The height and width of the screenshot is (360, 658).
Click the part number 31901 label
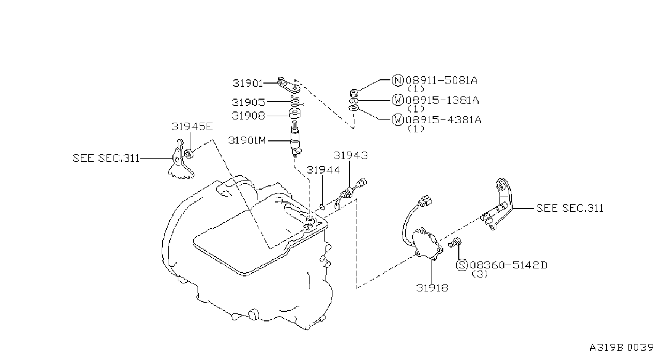[248, 83]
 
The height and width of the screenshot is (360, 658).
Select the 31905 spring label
[248, 102]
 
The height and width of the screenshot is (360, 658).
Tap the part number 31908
[248, 116]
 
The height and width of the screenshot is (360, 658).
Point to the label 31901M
[247, 140]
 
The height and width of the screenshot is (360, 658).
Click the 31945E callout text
[192, 126]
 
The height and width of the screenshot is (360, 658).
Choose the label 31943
[351, 155]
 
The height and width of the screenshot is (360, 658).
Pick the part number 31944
[323, 170]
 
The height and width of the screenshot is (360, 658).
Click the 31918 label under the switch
[432, 288]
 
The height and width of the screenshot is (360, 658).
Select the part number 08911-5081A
[442, 80]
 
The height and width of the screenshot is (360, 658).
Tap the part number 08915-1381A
[442, 100]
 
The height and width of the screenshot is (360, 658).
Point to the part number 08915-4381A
[443, 120]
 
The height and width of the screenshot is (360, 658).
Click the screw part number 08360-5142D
[509, 265]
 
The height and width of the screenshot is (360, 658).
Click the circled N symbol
[397, 80]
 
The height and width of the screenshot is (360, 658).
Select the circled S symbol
[462, 265]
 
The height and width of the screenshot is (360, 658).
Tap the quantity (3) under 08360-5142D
[480, 274]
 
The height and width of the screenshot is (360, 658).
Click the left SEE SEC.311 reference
[106, 159]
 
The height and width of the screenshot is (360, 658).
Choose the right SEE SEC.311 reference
[570, 208]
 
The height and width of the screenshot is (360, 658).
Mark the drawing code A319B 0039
[622, 348]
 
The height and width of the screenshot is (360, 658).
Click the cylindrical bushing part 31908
[294, 114]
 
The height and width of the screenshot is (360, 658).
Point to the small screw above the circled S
[455, 243]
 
